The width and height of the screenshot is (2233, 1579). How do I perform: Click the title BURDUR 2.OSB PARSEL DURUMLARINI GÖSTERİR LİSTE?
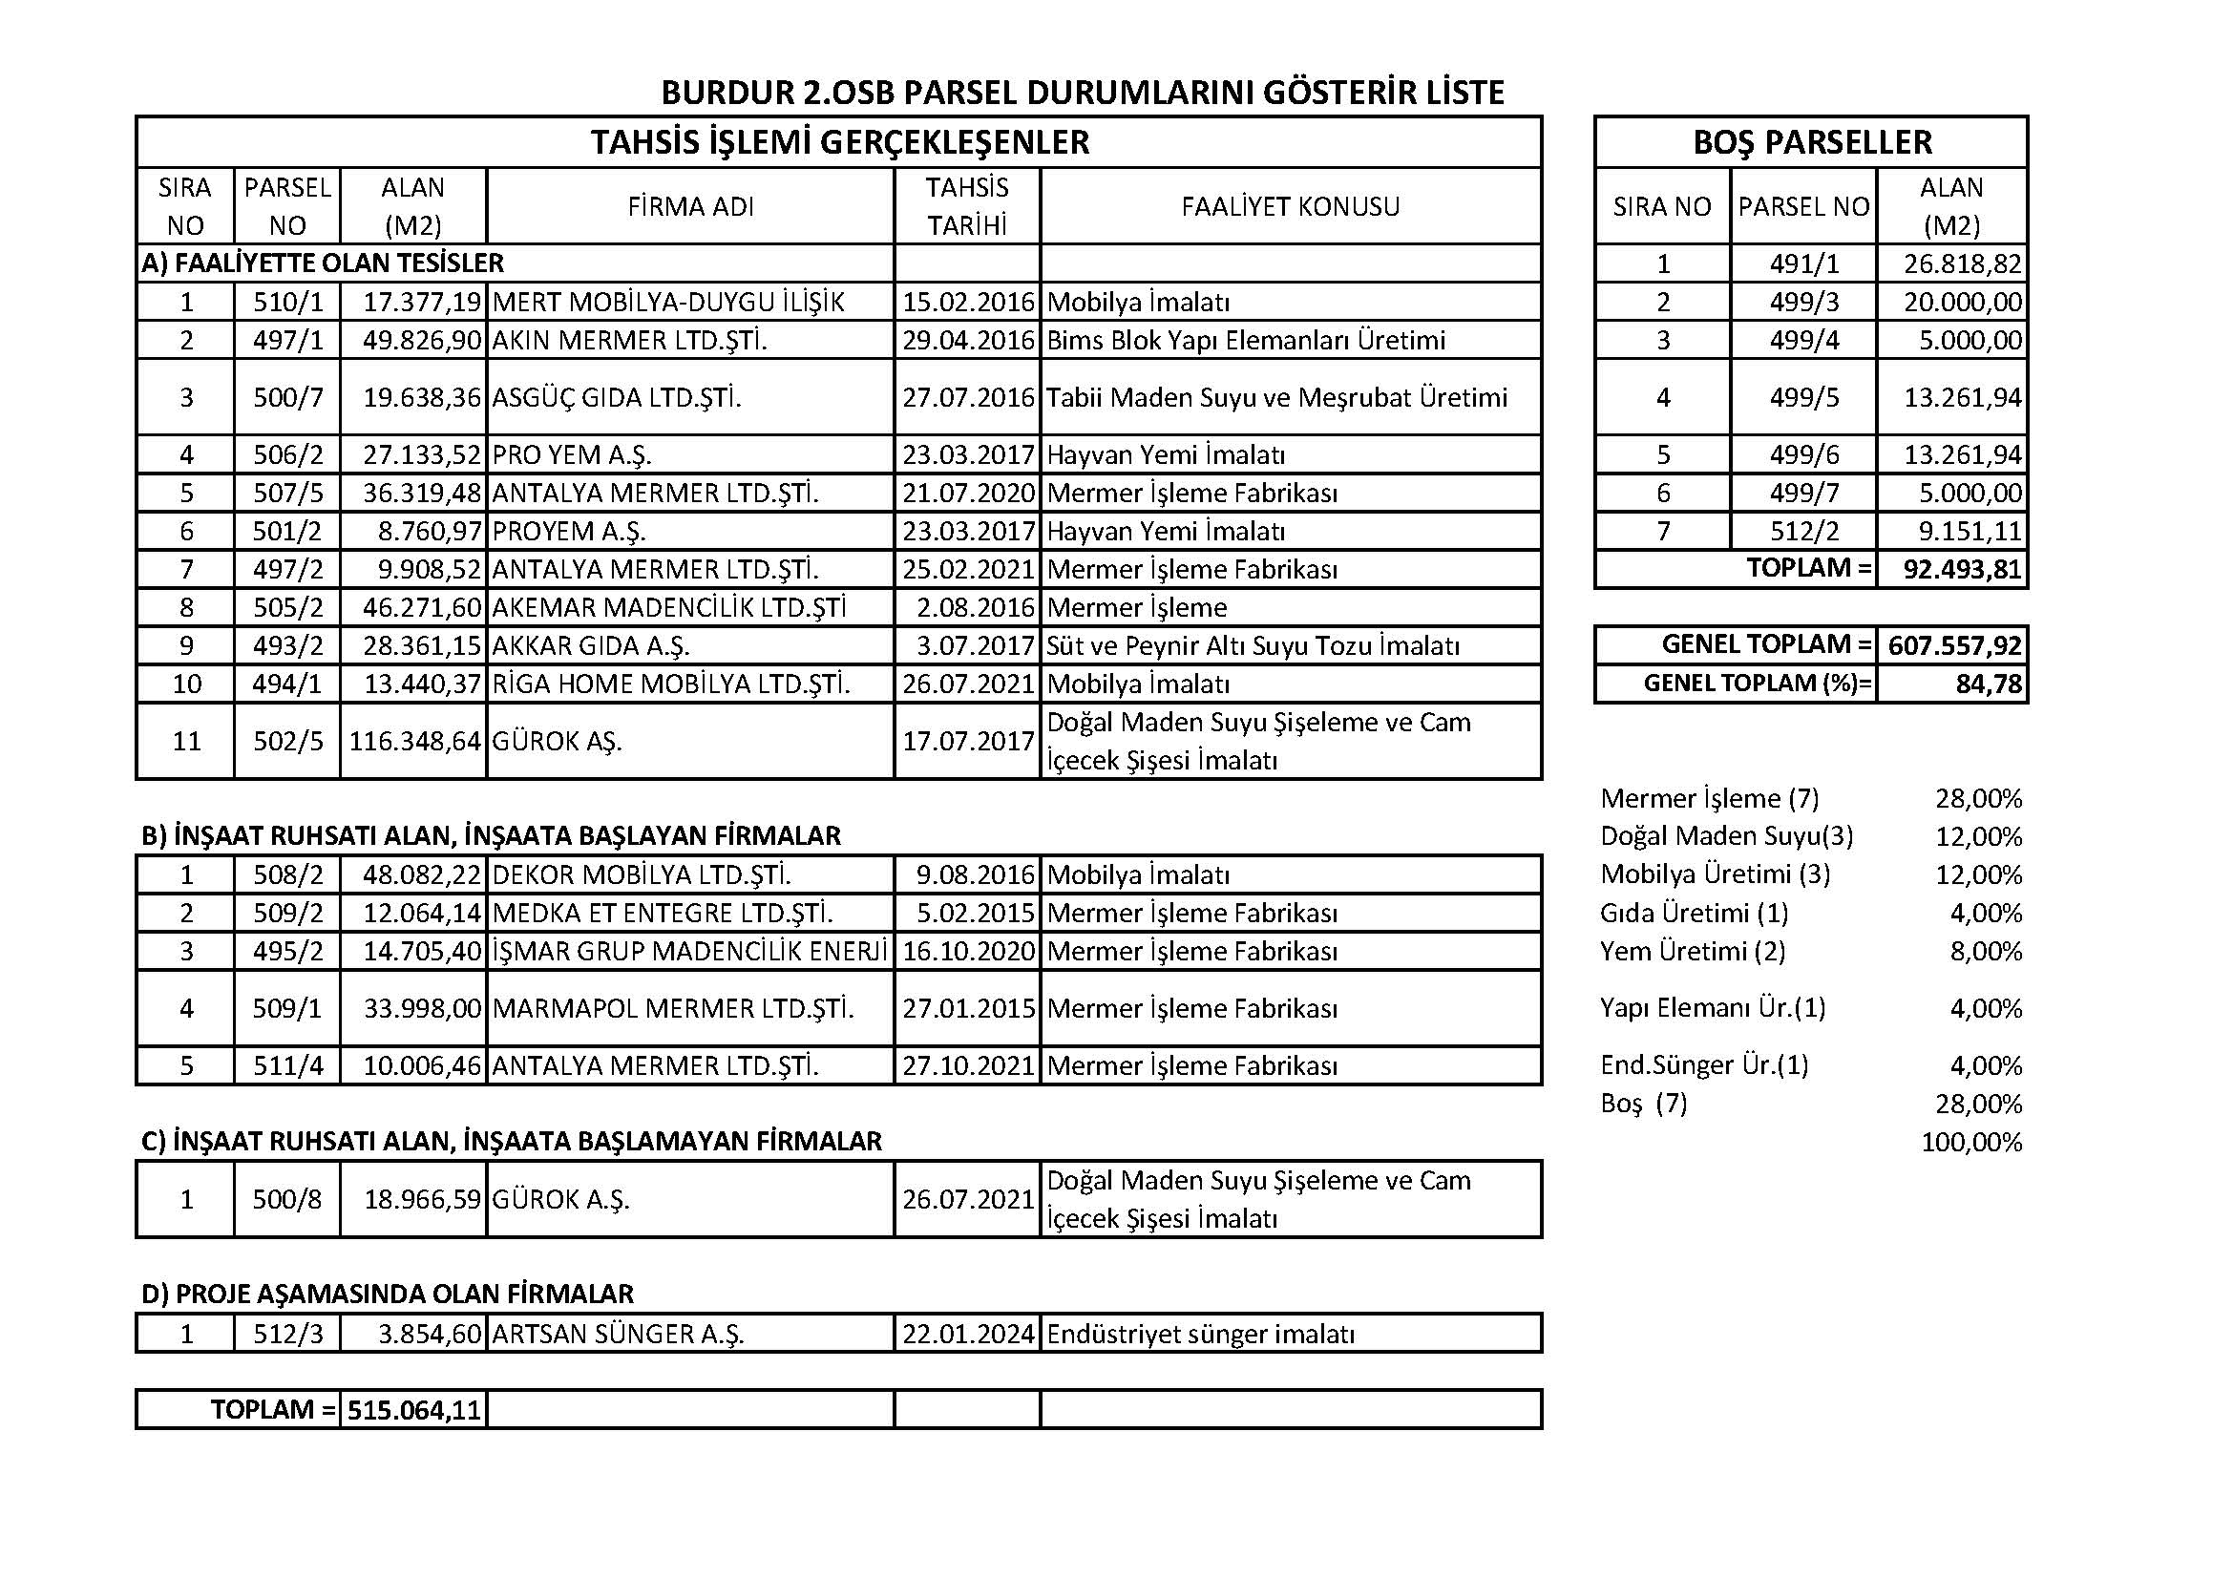click(1082, 93)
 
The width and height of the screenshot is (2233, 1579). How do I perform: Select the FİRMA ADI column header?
click(690, 206)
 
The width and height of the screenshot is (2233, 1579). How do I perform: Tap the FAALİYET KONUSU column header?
click(1290, 206)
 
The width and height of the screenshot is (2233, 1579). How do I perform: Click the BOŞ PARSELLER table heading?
click(1812, 142)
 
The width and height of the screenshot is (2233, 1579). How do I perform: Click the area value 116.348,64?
click(415, 742)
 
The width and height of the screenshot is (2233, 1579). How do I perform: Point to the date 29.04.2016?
click(968, 340)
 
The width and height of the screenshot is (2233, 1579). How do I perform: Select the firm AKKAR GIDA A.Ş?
click(590, 646)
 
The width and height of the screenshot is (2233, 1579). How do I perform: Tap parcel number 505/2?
click(288, 608)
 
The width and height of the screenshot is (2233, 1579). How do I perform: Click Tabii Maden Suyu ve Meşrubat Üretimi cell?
click(1276, 398)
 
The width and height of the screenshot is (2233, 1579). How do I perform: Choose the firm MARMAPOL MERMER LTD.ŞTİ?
click(673, 1008)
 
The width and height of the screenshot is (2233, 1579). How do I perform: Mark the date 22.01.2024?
click(968, 1334)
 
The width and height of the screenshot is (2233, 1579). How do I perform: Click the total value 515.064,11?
click(415, 1410)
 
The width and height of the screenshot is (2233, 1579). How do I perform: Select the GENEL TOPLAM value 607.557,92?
click(1954, 644)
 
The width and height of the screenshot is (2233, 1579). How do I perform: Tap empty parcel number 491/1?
click(1804, 264)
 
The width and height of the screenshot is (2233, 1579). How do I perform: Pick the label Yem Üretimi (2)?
click(1693, 951)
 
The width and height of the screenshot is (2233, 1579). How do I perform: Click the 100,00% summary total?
click(1971, 1142)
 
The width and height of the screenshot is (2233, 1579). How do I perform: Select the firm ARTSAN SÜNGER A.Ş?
click(618, 1334)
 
